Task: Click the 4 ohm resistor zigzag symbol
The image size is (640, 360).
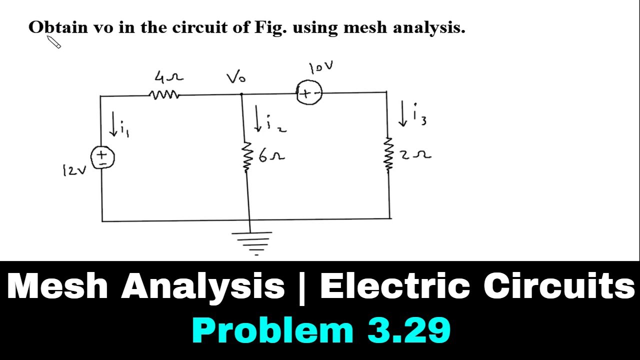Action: pos(164,95)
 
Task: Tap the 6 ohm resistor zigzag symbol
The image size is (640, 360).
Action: pos(245,157)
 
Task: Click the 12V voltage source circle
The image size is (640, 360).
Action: pos(102,157)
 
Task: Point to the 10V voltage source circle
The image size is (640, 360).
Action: pos(309,92)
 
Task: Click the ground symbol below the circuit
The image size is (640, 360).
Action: pos(251,243)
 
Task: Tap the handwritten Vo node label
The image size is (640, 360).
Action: pos(236,77)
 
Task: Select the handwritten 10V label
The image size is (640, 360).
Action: pos(321,67)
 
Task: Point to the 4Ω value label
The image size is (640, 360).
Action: pos(168,77)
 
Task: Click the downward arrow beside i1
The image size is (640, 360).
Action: pos(113,123)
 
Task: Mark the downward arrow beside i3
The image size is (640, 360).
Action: pos(403,113)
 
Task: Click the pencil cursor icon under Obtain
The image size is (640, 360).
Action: pos(53,42)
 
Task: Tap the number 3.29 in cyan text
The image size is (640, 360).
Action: pos(409,330)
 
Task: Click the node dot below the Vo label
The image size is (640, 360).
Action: pos(241,93)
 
